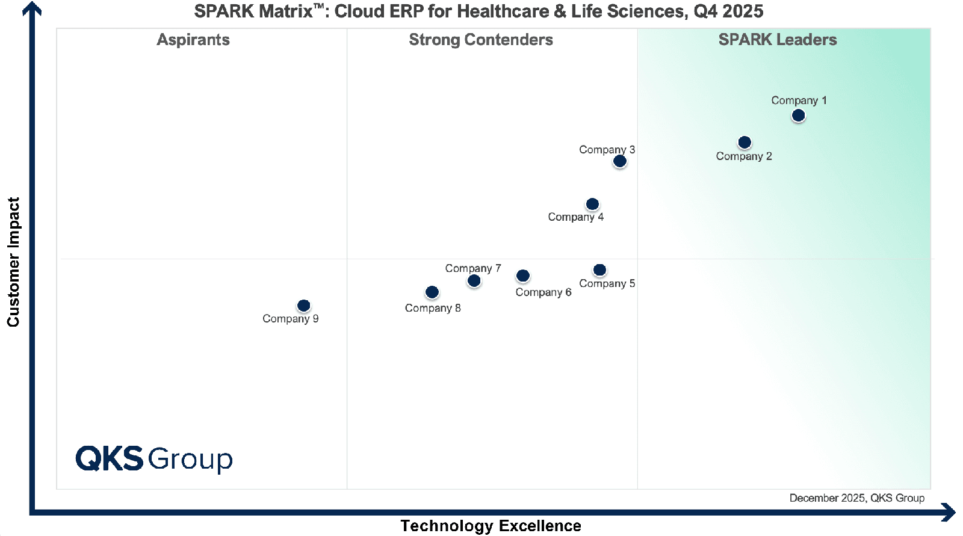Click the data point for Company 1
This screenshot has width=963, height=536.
(798, 115)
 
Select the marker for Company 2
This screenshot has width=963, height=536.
(745, 143)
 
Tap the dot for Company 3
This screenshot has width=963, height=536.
(619, 161)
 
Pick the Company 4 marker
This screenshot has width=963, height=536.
(592, 205)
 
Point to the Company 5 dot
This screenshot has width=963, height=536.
(599, 270)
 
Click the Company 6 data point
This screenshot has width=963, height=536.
(523, 276)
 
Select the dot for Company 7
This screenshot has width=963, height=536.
(474, 281)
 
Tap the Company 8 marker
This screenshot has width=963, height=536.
(432, 292)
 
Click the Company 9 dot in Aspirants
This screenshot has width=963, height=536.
(304, 306)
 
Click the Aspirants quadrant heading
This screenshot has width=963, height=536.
(193, 40)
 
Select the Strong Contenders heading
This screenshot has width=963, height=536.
(481, 40)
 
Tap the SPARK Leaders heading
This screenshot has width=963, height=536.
(778, 40)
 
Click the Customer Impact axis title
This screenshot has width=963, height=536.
(13, 262)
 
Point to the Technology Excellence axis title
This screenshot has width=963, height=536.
(491, 526)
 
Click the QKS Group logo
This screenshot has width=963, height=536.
(154, 459)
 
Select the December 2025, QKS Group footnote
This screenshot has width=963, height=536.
(856, 498)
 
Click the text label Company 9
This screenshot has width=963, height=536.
(290, 319)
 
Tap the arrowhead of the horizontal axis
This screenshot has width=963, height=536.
(949, 513)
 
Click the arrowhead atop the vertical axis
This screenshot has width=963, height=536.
(32, 8)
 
